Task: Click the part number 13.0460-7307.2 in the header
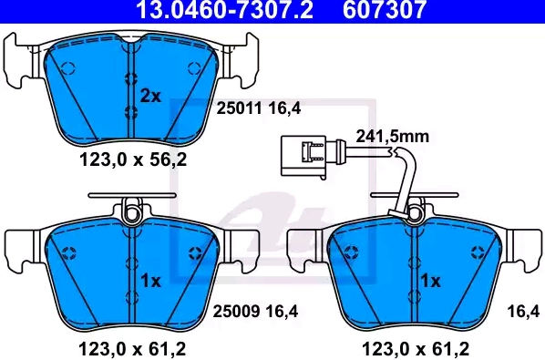pos(225,9)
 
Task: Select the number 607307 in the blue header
pos(385,9)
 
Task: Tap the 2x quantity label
pos(150,96)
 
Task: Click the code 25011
pos(239,108)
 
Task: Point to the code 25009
pos(236,311)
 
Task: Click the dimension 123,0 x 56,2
pos(133,159)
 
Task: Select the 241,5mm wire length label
pos(393,136)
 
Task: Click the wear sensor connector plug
pos(303,158)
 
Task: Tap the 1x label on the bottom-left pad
pos(151,281)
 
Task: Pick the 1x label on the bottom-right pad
pos(430,281)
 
